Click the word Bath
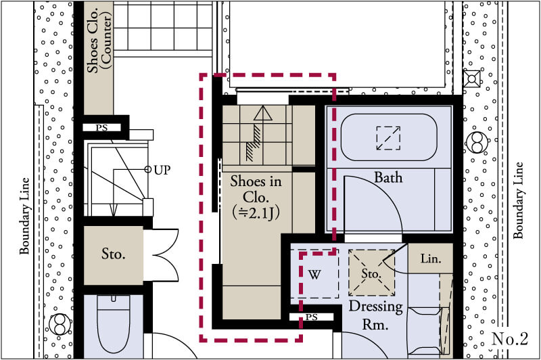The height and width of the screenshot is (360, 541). (x=388, y=177)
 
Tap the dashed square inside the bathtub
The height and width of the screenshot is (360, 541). (x=388, y=139)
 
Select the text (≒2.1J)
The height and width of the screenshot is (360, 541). (x=256, y=213)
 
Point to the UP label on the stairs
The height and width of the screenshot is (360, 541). (x=162, y=170)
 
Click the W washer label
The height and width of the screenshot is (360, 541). (x=314, y=275)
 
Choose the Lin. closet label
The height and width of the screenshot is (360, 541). (x=431, y=258)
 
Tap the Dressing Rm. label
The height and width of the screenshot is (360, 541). (x=375, y=315)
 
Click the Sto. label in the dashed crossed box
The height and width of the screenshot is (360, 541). (x=371, y=273)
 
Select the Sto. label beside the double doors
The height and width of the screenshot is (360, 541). (x=113, y=254)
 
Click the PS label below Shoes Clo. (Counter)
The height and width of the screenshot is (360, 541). (x=101, y=128)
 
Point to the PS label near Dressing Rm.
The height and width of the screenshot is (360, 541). (x=312, y=317)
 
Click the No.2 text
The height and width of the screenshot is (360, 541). (x=510, y=339)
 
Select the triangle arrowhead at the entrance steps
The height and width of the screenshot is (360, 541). (x=263, y=113)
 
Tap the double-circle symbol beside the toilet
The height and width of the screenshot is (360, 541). (x=60, y=324)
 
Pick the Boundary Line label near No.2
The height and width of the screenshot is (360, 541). (x=518, y=200)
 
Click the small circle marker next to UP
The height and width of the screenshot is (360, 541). (x=147, y=169)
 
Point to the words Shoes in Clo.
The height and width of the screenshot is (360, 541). (x=256, y=189)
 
